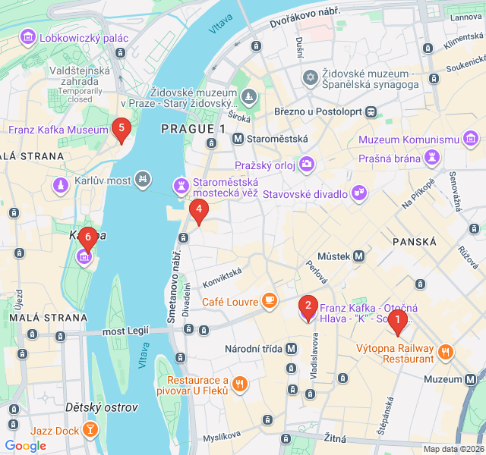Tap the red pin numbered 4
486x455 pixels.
pos(198,210)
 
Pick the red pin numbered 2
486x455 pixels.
pos(308,306)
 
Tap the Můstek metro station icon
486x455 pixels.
pos(358,256)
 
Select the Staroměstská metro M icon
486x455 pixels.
pos(238,139)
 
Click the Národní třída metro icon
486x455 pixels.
pos(292,349)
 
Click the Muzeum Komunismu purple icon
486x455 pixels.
pos(472,140)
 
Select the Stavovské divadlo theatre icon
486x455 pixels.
pos(358,194)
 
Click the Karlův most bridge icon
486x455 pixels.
pos(142,180)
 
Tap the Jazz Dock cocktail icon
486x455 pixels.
pos(90,430)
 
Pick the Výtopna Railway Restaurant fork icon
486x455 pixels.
pos(445,351)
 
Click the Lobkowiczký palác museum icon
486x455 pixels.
pos(28,37)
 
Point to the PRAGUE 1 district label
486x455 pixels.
pos(193,130)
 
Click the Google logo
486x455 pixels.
pos(26,445)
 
